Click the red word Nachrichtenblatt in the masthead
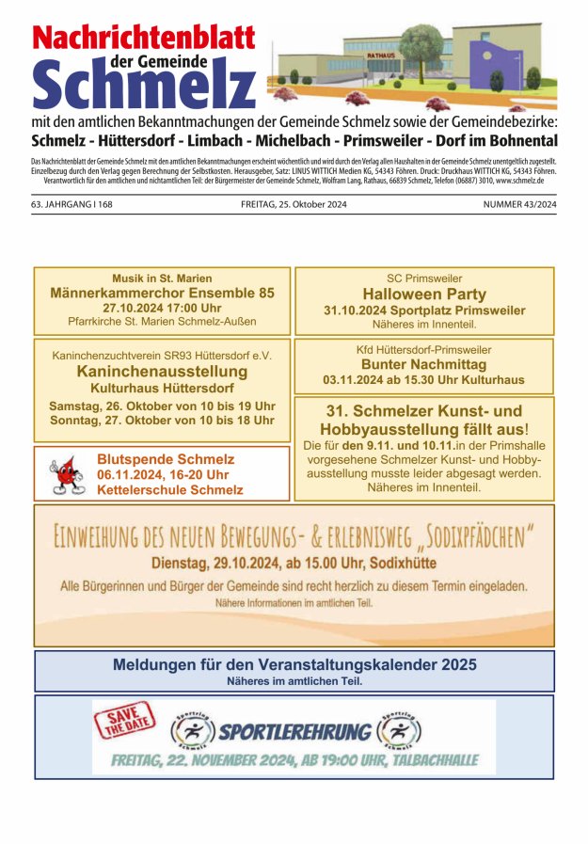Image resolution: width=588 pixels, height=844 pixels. pyautogui.click(x=143, y=38)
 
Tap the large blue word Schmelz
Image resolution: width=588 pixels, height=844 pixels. pyautogui.click(x=143, y=85)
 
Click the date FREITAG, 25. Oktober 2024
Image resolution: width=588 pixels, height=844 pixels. pyautogui.click(x=294, y=204)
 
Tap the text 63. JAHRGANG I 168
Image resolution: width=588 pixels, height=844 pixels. pyautogui.click(x=72, y=204)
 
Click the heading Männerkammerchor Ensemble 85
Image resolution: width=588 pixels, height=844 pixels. pyautogui.click(x=162, y=294)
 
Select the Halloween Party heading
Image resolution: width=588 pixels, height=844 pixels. pyautogui.click(x=424, y=295)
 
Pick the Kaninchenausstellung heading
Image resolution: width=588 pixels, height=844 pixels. pyautogui.click(x=162, y=372)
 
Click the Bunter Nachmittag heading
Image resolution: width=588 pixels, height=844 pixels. pyautogui.click(x=423, y=364)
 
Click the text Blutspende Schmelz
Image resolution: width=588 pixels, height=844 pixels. pyautogui.click(x=166, y=459)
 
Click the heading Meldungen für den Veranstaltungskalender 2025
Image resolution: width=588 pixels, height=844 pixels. pyautogui.click(x=294, y=664)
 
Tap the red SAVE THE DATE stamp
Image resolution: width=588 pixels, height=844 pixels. pyautogui.click(x=124, y=722)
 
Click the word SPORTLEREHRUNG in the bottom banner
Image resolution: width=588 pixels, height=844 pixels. pyautogui.click(x=294, y=731)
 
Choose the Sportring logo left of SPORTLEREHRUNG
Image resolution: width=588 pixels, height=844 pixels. pyautogui.click(x=191, y=731)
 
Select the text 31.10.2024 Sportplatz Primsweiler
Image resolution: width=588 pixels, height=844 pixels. pyautogui.click(x=424, y=311)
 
